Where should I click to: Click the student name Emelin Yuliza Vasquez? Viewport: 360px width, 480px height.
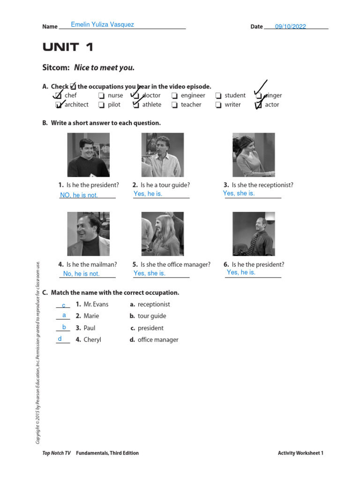102,24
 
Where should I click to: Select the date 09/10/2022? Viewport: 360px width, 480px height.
290,27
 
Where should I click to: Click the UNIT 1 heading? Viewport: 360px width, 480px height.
68,47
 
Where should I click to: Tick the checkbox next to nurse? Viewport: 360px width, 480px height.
101,96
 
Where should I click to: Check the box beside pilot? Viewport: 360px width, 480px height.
101,105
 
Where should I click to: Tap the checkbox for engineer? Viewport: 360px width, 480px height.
174,96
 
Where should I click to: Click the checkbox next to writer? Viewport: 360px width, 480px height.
218,105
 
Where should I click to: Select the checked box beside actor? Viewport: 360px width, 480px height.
258,105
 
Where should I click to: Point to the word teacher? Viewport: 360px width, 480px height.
191,105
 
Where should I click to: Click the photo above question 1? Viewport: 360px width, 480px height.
88,155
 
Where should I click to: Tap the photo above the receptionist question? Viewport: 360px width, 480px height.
254,155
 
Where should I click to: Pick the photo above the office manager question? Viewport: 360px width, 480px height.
162,234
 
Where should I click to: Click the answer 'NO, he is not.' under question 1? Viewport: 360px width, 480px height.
79,195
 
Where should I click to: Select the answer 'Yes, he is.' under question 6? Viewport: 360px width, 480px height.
241,272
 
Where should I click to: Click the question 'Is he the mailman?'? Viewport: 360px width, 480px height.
91,264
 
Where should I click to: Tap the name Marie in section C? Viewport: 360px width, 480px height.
91,316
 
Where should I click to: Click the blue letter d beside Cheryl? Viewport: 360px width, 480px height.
60,339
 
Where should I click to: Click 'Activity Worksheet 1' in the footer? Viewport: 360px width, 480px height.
300,453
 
